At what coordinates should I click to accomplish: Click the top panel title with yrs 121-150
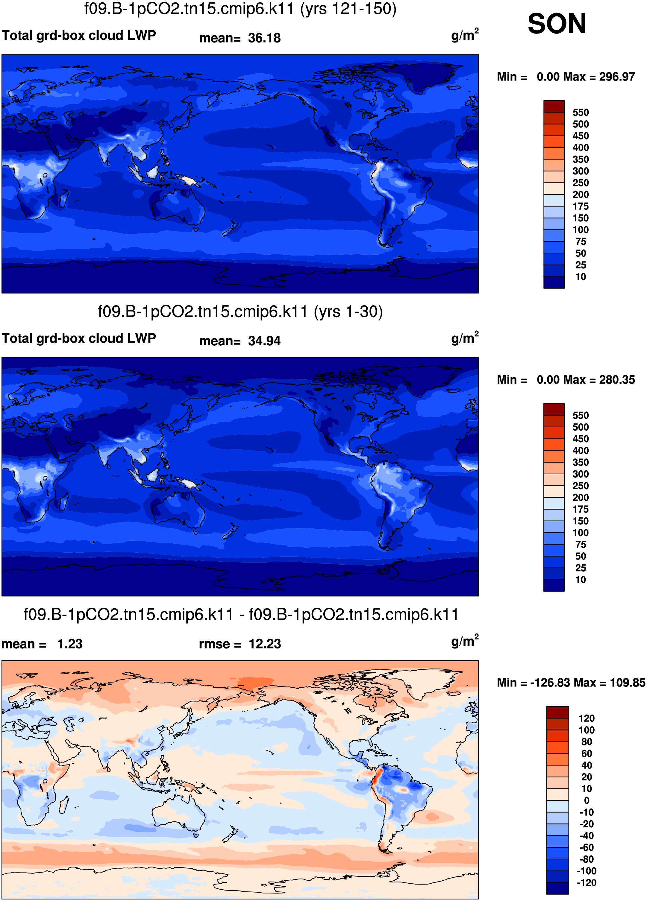(240, 9)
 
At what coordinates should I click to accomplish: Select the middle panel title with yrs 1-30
(240, 312)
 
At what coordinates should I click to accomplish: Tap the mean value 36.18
(264, 38)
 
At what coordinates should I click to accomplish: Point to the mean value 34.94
(264, 341)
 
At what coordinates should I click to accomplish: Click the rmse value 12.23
(265, 644)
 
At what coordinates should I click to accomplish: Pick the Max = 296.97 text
(610, 77)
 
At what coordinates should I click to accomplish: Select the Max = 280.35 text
(610, 380)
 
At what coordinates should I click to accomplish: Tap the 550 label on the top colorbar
(580, 113)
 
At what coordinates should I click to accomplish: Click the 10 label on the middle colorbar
(580, 580)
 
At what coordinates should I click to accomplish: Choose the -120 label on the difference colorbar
(586, 883)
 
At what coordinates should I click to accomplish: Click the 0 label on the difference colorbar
(587, 800)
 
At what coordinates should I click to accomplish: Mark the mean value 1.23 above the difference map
(70, 644)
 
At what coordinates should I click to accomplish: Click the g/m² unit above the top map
(465, 35)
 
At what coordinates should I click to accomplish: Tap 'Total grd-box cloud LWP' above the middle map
(79, 338)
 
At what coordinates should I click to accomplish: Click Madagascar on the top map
(63, 199)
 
